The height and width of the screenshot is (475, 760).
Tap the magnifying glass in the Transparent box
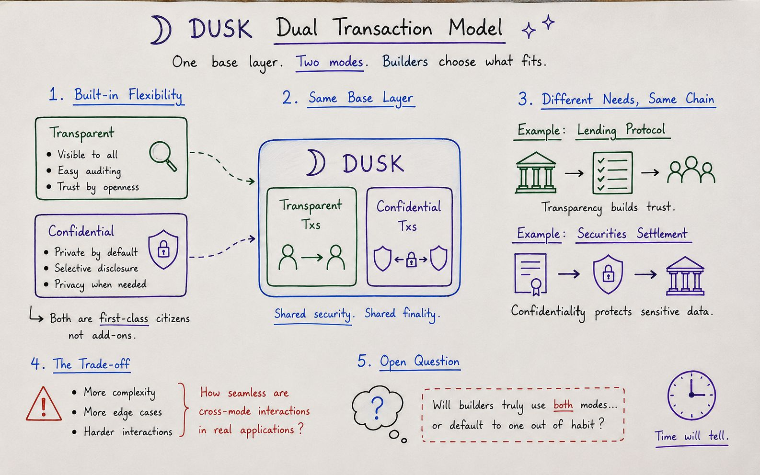pyautogui.click(x=163, y=156)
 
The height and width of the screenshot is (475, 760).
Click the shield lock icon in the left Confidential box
pyautogui.click(x=163, y=249)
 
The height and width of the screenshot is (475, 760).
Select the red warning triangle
pyautogui.click(x=44, y=404)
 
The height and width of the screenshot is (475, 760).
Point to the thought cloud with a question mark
pyautogui.click(x=377, y=408)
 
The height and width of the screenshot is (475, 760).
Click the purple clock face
pyautogui.click(x=691, y=396)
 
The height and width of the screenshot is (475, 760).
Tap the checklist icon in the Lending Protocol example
pyautogui.click(x=612, y=173)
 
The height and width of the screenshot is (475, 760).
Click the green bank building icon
pyautogui.click(x=536, y=172)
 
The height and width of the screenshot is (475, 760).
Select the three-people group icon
pyautogui.click(x=691, y=170)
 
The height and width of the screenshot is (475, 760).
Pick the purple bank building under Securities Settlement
pyautogui.click(x=685, y=276)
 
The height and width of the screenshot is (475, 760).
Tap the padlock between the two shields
pyautogui.click(x=411, y=260)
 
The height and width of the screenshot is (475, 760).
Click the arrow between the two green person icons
pyautogui.click(x=312, y=258)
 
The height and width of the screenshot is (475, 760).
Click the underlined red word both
pyautogui.click(x=563, y=405)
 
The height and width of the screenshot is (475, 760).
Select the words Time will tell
pyautogui.click(x=691, y=435)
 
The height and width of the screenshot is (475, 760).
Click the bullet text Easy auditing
pyautogui.click(x=89, y=171)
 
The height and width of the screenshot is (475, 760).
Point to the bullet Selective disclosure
pyautogui.click(x=96, y=268)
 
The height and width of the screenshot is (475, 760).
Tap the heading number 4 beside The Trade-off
pyautogui.click(x=35, y=363)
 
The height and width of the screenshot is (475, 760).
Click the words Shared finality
pyautogui.click(x=403, y=314)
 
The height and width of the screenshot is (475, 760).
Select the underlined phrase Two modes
pyautogui.click(x=330, y=62)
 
